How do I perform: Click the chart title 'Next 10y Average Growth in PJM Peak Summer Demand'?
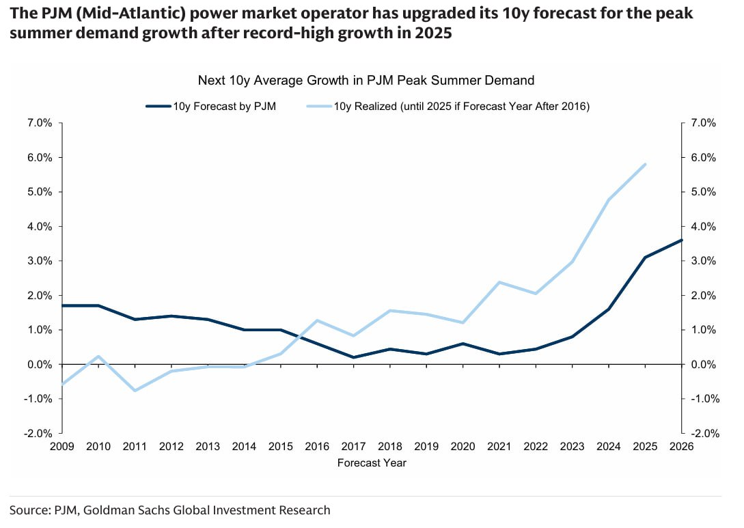(366, 81)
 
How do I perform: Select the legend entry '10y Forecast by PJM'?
(211, 107)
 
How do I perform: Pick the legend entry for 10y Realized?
(450, 107)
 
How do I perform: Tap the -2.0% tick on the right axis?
(703, 434)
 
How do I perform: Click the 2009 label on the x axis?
(62, 447)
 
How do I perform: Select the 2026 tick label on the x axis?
(681, 447)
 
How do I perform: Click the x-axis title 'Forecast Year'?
(372, 463)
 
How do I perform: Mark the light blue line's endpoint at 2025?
(645, 164)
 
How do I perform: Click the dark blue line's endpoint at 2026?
(681, 240)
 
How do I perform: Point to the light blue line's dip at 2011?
(135, 391)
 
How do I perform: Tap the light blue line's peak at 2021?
(499, 282)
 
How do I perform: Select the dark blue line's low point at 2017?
(353, 357)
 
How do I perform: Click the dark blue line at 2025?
(645, 258)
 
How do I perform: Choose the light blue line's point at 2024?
(608, 199)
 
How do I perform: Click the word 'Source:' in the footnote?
(29, 510)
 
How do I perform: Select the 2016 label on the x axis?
(317, 447)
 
